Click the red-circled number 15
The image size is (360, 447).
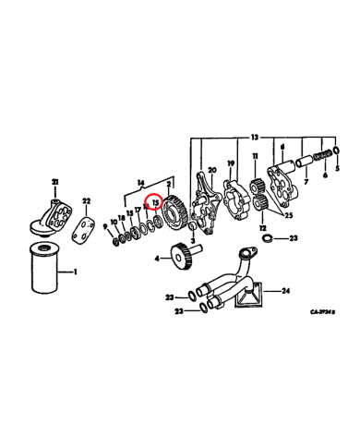[156, 201]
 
